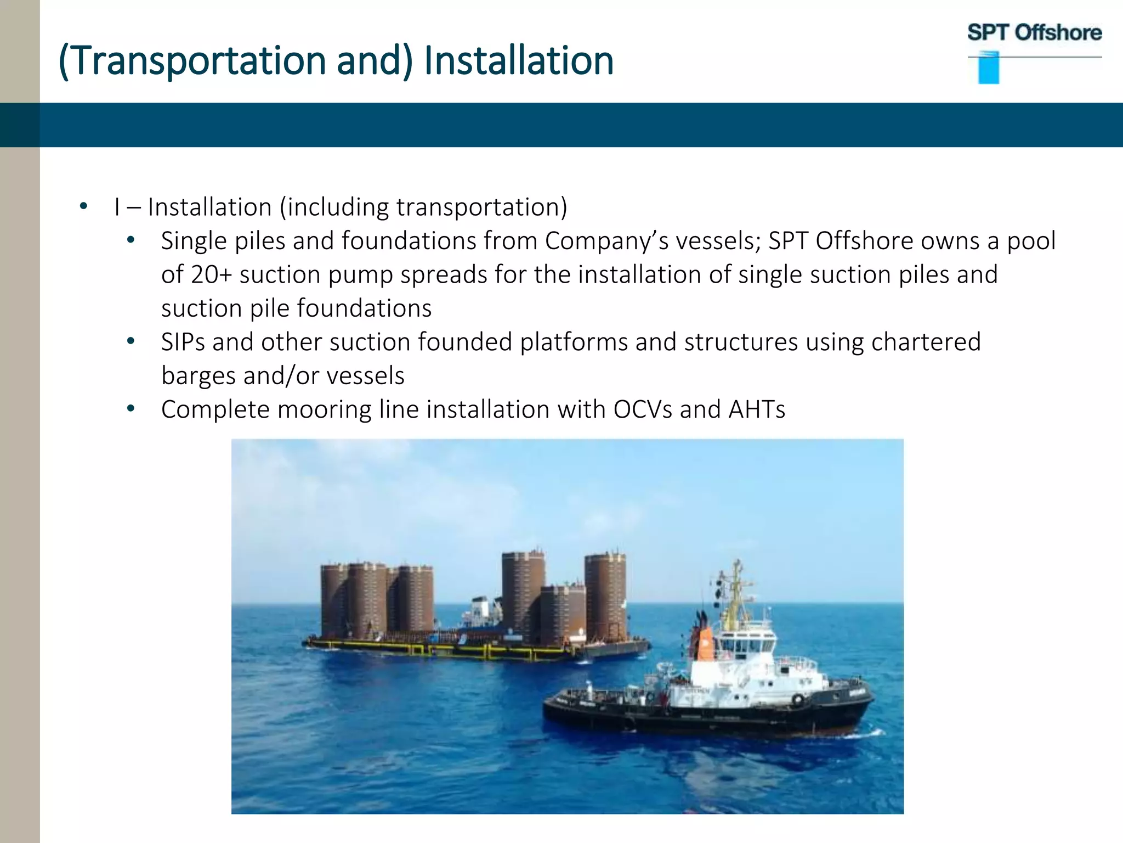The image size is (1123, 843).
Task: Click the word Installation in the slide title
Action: pos(518,60)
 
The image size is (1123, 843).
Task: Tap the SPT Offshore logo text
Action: pos(1034,33)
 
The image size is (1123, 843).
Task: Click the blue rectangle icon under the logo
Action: pos(989,68)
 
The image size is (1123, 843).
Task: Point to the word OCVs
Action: pos(643,409)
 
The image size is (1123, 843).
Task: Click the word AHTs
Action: pos(757,409)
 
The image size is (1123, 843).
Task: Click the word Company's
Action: pos(606,241)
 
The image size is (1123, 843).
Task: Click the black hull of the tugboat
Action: pos(707,716)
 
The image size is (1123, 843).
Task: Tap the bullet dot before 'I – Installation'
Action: pos(83,207)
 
